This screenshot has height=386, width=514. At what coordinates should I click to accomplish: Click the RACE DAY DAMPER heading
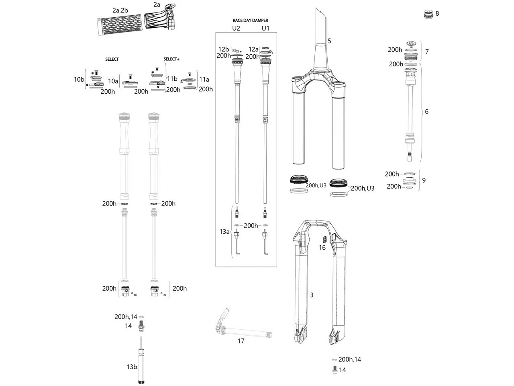coord(250,20)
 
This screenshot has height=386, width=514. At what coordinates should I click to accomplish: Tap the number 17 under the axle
coord(241,341)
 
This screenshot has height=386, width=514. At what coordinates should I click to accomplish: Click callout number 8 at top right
coord(437,14)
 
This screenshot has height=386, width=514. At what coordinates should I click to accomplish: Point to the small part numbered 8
coord(428,14)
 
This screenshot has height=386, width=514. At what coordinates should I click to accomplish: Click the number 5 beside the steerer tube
coord(329,41)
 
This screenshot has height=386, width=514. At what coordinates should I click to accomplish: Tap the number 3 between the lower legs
coord(312,295)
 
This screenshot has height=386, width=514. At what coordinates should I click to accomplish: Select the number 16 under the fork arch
coord(322,248)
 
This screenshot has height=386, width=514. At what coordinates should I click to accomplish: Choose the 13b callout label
coord(132,367)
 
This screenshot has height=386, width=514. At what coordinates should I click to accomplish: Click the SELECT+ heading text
coord(171,59)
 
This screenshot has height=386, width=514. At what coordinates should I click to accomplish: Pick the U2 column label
coord(236,29)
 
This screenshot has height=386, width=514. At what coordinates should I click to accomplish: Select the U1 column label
coord(265,29)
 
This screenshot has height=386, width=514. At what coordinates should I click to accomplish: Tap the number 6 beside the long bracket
coord(426,112)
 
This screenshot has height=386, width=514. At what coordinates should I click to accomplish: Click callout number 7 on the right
coord(427,52)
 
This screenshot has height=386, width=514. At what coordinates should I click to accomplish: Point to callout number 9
coord(424,180)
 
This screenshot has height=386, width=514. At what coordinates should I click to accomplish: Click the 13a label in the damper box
coord(224,232)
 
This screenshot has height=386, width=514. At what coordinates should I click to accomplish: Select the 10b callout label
coord(79,80)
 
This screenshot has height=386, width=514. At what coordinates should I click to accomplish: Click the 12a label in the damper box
coord(253,49)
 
